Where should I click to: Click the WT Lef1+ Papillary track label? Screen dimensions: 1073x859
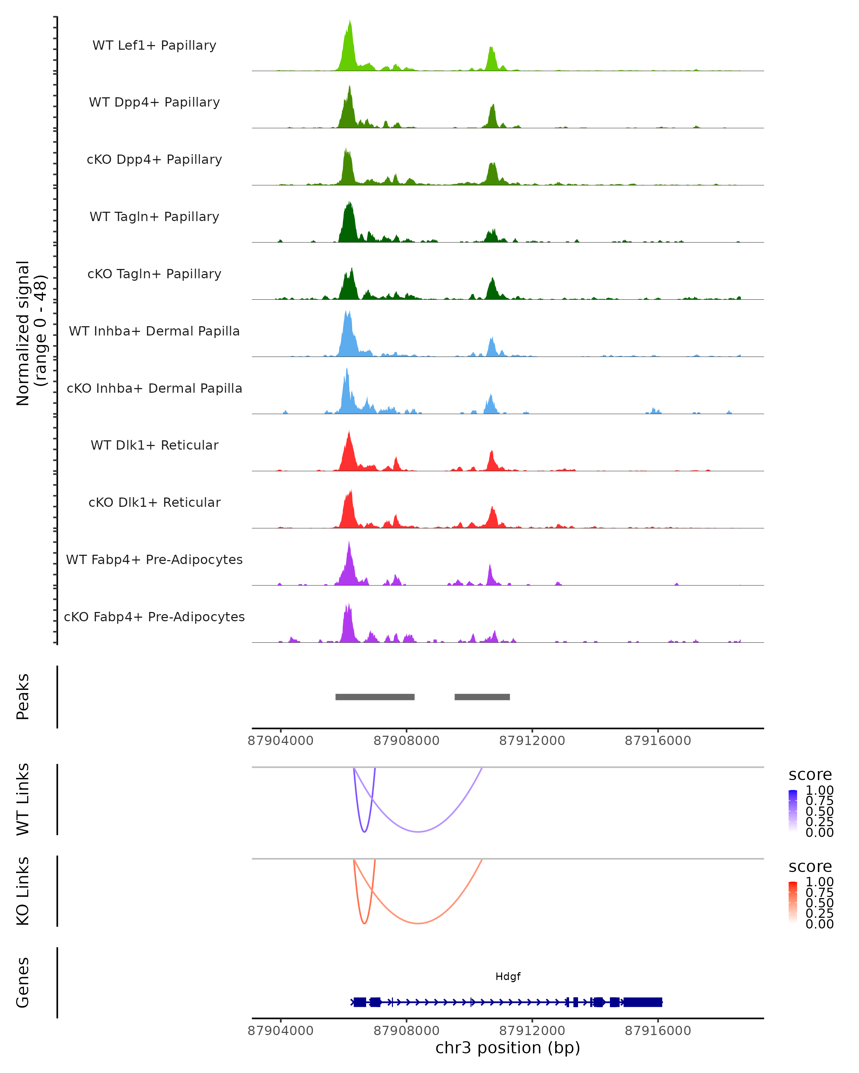click(x=154, y=45)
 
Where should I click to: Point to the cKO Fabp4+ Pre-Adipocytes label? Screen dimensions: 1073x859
click(x=154, y=617)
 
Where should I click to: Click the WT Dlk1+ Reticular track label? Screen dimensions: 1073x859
click(x=154, y=445)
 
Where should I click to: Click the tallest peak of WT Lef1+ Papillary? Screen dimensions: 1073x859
click(x=350, y=23)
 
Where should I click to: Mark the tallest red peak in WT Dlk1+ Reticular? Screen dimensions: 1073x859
click(x=349, y=433)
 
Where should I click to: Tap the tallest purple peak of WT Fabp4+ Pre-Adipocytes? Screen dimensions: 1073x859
click(x=349, y=543)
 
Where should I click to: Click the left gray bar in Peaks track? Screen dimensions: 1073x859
click(x=375, y=697)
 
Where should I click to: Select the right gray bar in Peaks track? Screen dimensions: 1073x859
click(x=482, y=697)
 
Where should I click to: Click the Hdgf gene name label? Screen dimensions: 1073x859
click(x=508, y=976)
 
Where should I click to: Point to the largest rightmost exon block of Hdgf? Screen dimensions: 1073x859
click(x=642, y=1002)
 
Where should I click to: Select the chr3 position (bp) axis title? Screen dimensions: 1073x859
click(x=508, y=1048)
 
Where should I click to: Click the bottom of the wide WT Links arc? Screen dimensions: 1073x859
click(x=418, y=832)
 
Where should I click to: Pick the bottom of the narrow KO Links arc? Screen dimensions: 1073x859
click(x=364, y=924)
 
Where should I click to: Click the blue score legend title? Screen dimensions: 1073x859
click(x=810, y=775)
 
